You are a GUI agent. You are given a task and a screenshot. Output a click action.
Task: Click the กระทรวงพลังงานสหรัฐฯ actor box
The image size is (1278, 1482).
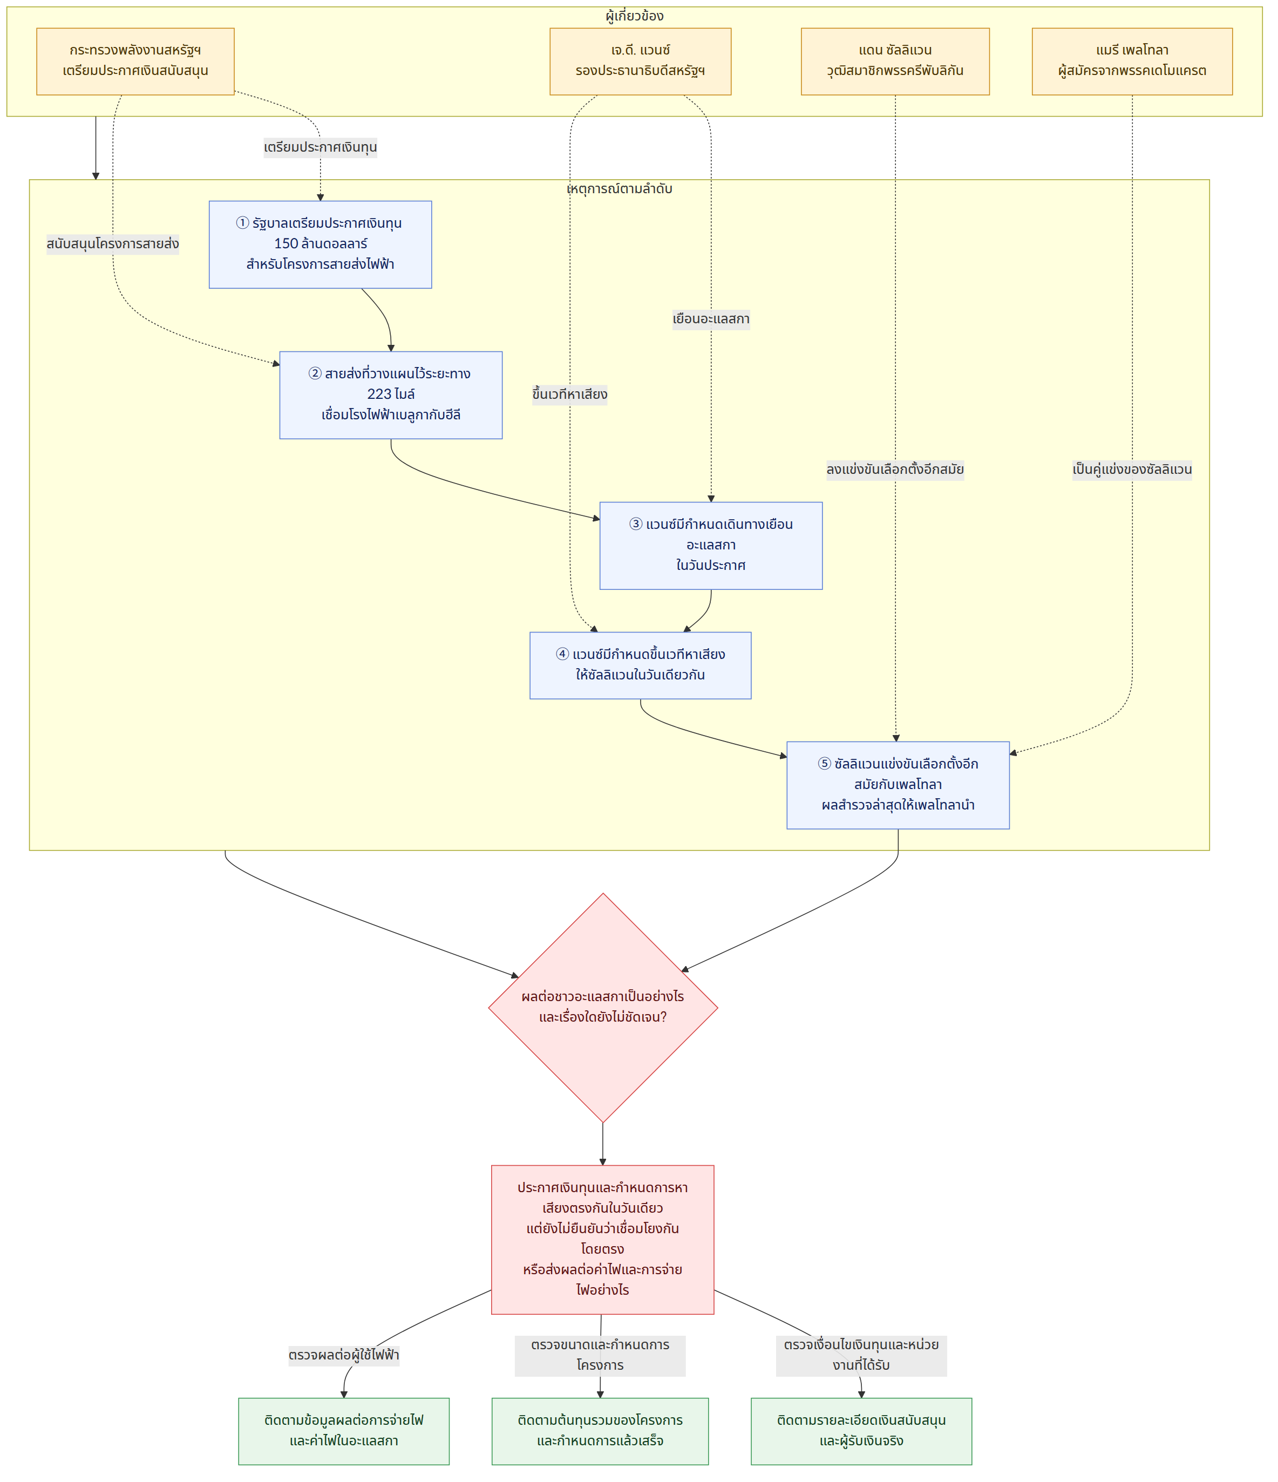(135, 62)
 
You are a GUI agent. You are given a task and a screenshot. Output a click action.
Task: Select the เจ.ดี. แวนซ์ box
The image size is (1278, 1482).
(640, 62)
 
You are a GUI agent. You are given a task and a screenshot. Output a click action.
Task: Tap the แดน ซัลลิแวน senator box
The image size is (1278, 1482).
(895, 62)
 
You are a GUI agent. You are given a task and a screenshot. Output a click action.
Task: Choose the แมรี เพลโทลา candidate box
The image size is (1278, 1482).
(1132, 62)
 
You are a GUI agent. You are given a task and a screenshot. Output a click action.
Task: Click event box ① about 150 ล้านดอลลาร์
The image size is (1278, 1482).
(321, 244)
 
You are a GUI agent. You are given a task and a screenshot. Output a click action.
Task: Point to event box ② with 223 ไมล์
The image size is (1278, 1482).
(391, 395)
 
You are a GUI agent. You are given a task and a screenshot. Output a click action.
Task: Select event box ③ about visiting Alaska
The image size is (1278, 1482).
(711, 546)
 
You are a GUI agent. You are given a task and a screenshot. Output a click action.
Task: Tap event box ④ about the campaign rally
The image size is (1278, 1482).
(640, 665)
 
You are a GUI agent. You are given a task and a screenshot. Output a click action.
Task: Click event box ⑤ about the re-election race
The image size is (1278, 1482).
(898, 785)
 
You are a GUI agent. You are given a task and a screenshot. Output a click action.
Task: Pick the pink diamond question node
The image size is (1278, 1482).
(603, 1008)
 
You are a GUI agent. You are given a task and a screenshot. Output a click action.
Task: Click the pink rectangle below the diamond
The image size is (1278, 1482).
(602, 1240)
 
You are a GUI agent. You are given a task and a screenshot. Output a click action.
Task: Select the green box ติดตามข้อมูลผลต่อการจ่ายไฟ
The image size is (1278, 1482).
(344, 1431)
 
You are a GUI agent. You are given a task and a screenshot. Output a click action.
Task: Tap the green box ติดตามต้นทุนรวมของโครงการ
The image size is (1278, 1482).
(600, 1431)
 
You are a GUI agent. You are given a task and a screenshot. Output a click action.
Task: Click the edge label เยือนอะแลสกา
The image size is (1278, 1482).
(711, 319)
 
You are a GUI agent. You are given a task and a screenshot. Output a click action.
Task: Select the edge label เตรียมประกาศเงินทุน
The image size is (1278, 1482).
(321, 148)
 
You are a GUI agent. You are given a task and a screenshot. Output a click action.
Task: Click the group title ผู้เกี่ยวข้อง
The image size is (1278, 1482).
(634, 16)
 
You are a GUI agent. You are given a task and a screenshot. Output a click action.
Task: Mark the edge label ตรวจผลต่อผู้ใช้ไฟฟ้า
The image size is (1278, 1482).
(344, 1355)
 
